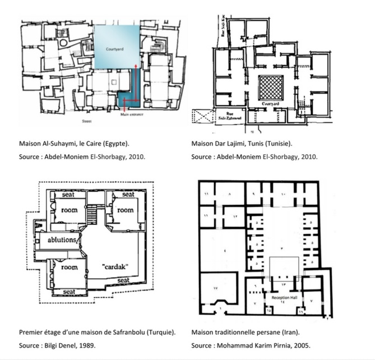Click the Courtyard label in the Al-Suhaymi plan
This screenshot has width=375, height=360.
coord(115,49)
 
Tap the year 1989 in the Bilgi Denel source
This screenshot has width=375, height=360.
coord(100,345)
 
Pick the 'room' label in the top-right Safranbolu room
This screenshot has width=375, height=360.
coord(125,210)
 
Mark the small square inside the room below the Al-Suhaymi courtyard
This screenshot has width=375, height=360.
coord(114,82)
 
